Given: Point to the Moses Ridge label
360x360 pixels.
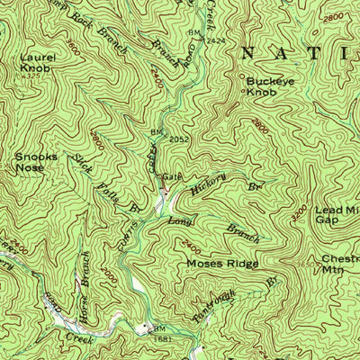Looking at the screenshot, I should pos(222,264).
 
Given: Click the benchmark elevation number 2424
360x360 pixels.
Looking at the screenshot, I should pos(215,40).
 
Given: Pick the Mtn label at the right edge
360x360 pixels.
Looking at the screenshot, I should pos(335,268).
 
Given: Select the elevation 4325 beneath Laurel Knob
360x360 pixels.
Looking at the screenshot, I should pos(34,76).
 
